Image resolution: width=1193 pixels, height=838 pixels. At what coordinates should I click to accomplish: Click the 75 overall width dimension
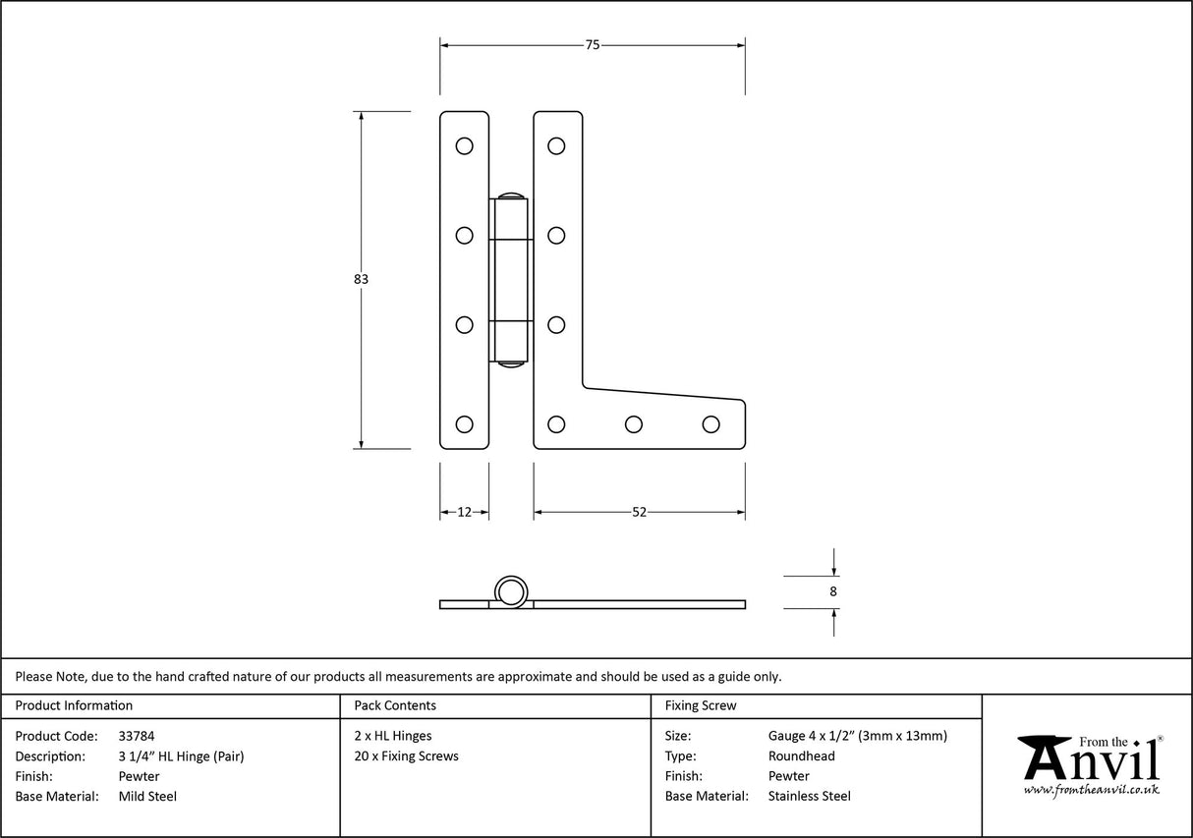592,44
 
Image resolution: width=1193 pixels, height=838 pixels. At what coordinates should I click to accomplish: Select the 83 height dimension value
361,279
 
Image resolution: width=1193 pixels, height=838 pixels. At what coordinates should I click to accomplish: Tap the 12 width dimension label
464,512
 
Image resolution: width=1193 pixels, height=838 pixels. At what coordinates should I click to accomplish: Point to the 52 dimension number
639,512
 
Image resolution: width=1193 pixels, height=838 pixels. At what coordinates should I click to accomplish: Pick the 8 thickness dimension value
833,591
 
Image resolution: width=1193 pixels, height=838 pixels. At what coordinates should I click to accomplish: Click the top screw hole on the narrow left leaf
464,146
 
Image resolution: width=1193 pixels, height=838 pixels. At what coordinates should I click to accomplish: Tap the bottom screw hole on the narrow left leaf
464,424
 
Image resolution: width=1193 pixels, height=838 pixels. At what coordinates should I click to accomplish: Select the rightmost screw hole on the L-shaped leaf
710,424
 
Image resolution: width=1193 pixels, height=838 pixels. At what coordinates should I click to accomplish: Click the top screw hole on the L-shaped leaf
556,146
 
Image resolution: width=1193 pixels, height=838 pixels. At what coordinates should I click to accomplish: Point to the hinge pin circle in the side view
510,591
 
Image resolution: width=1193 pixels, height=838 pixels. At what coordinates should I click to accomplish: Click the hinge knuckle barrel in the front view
510,280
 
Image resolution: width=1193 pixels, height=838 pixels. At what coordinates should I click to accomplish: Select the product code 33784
136,735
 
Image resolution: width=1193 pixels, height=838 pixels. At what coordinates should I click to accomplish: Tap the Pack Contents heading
395,705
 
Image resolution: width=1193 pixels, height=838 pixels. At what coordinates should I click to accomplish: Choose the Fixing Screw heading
700,705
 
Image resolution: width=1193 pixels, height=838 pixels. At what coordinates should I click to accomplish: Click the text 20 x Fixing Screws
406,755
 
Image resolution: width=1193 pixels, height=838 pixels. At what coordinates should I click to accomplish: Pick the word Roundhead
801,755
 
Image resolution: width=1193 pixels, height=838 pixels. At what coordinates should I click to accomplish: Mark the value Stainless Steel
809,796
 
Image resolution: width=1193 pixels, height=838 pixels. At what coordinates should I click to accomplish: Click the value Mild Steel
147,796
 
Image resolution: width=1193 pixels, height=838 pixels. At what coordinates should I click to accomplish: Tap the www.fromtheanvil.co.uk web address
1091,790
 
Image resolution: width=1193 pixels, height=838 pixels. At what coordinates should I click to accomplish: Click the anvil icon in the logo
1044,756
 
